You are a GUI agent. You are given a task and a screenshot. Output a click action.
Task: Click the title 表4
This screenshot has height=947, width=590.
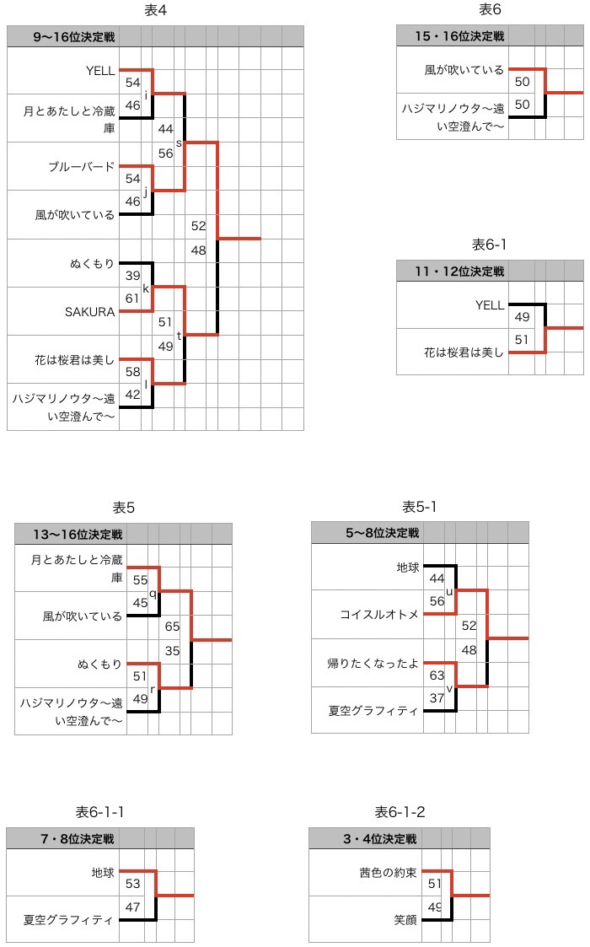coord(156,10)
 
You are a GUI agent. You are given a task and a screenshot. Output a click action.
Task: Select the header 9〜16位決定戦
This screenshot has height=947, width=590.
coord(73,37)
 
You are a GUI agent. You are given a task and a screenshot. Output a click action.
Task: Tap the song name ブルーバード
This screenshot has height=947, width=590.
coord(82,166)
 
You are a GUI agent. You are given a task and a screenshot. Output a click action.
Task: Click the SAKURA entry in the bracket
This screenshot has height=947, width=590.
coord(90,312)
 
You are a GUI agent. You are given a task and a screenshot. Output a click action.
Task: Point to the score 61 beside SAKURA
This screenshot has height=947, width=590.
coord(132,299)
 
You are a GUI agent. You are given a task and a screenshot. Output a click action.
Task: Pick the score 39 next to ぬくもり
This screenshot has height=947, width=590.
coord(133,276)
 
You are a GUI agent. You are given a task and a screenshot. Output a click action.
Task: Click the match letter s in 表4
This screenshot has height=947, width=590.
coord(179,143)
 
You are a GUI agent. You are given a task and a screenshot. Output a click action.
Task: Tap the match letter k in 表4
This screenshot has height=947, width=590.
coord(146,288)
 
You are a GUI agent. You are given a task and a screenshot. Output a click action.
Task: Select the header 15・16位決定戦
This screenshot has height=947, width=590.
coord(459,36)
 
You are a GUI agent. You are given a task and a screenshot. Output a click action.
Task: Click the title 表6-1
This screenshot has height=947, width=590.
coord(489,245)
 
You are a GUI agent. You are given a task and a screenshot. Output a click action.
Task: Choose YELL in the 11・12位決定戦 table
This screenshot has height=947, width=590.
coord(490,305)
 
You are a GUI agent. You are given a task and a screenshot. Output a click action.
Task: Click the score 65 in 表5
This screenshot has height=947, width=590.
coord(172,627)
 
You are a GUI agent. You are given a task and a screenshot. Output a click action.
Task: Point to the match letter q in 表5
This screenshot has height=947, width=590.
coord(153,594)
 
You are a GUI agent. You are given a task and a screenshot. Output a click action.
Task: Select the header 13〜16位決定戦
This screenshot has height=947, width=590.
coord(78,535)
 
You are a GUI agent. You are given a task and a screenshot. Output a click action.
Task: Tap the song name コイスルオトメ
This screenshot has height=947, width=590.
coord(379,614)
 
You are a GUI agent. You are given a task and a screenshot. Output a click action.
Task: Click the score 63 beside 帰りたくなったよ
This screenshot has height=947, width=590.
coord(437,675)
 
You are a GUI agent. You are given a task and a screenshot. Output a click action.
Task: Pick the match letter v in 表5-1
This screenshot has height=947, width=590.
coord(449,689)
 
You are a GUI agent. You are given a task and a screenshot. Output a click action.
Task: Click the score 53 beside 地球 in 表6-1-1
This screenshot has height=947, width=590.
coord(133,884)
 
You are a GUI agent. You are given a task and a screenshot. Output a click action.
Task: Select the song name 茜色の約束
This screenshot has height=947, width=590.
coord(389,873)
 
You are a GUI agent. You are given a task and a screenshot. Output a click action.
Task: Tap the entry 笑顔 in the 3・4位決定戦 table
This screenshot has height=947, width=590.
coord(405,920)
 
